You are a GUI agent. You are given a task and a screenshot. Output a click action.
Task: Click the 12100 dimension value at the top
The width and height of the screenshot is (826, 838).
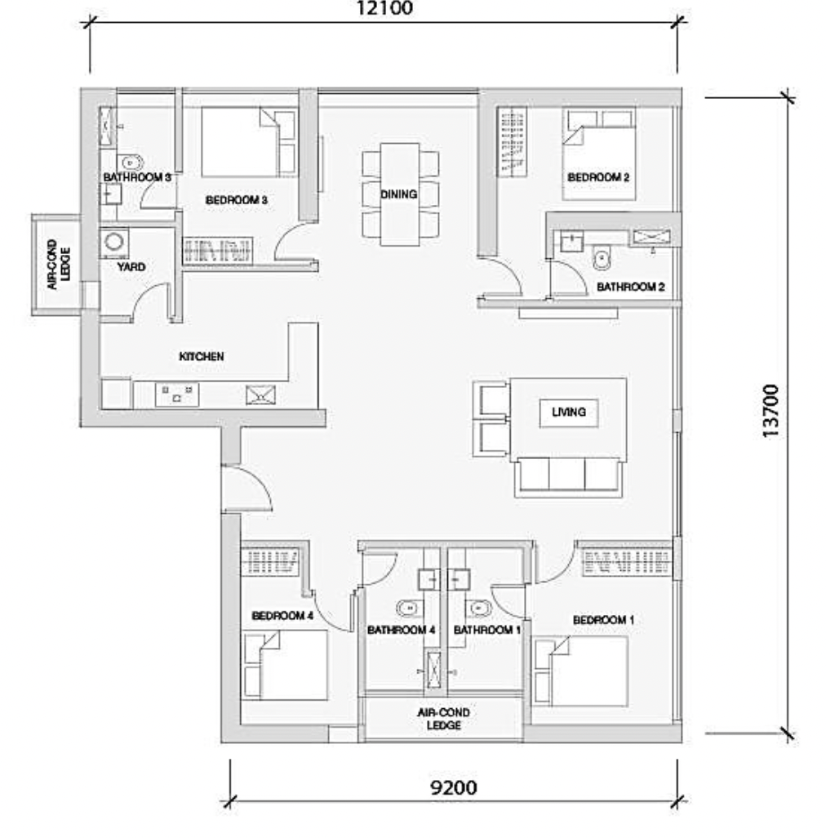click(384, 8)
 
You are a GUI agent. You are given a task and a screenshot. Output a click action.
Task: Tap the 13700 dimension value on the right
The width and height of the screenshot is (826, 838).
click(771, 412)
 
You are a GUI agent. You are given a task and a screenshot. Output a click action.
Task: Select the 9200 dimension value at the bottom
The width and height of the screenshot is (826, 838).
click(453, 787)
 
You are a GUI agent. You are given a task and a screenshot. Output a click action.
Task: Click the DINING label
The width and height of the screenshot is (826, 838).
click(399, 194)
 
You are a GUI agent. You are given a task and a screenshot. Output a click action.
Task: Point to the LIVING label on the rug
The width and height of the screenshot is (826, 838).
click(569, 412)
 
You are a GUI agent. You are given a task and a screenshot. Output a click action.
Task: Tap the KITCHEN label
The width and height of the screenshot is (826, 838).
click(202, 356)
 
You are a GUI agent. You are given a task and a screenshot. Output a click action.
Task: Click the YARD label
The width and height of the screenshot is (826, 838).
click(131, 267)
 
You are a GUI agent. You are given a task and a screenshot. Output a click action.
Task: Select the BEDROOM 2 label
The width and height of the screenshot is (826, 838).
click(598, 177)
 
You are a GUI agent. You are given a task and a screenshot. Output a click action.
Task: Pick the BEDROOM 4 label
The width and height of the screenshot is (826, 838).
click(282, 616)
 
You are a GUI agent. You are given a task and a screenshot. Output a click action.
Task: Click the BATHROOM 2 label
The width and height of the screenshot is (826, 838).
click(631, 287)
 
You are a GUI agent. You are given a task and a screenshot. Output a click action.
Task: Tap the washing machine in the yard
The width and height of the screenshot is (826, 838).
click(113, 242)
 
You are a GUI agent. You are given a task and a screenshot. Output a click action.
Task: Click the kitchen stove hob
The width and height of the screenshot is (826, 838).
click(177, 394)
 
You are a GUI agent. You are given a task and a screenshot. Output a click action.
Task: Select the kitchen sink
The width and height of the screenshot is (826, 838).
click(260, 395)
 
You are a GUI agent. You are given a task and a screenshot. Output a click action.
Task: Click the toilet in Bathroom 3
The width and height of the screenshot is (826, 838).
click(131, 162)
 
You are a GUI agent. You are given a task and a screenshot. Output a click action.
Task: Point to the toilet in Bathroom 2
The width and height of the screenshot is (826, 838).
click(602, 259)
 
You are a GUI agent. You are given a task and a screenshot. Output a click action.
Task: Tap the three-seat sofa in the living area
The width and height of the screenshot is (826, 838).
click(569, 477)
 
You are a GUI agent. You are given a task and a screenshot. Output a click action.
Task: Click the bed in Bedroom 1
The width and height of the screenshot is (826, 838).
click(580, 671)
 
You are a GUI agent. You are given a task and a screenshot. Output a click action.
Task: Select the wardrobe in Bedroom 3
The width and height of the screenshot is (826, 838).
click(217, 251)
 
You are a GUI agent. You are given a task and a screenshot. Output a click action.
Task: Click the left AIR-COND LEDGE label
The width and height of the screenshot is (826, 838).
click(59, 265)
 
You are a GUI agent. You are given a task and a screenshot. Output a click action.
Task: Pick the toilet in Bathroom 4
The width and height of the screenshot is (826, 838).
click(408, 608)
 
